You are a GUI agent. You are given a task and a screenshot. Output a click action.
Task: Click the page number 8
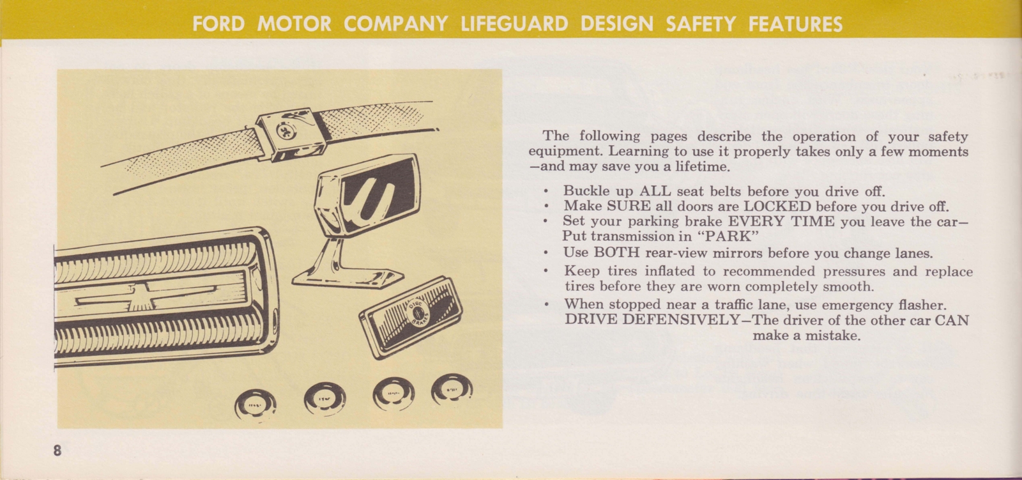click(x=57, y=451)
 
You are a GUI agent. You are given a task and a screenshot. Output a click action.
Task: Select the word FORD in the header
click(x=218, y=25)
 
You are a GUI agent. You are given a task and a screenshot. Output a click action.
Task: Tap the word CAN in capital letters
click(x=952, y=320)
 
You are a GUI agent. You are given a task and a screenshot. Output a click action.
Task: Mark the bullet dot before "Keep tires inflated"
click(x=546, y=271)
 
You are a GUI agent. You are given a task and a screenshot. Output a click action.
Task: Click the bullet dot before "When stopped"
click(x=546, y=304)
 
